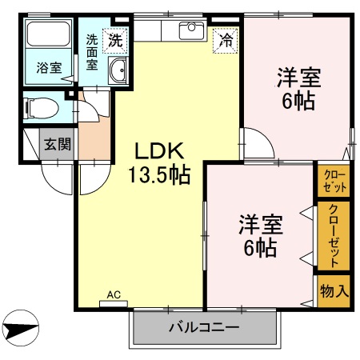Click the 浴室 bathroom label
[x=49, y=68]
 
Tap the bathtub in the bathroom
[x=50, y=35]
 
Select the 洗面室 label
[x=93, y=51]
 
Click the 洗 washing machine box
[x=117, y=38]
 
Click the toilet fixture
[x=40, y=107]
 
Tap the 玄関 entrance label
[x=57, y=144]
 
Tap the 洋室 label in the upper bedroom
[x=299, y=78]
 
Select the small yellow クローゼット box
[x=334, y=181]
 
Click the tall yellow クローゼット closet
[x=334, y=237]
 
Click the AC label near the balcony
[x=114, y=295]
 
